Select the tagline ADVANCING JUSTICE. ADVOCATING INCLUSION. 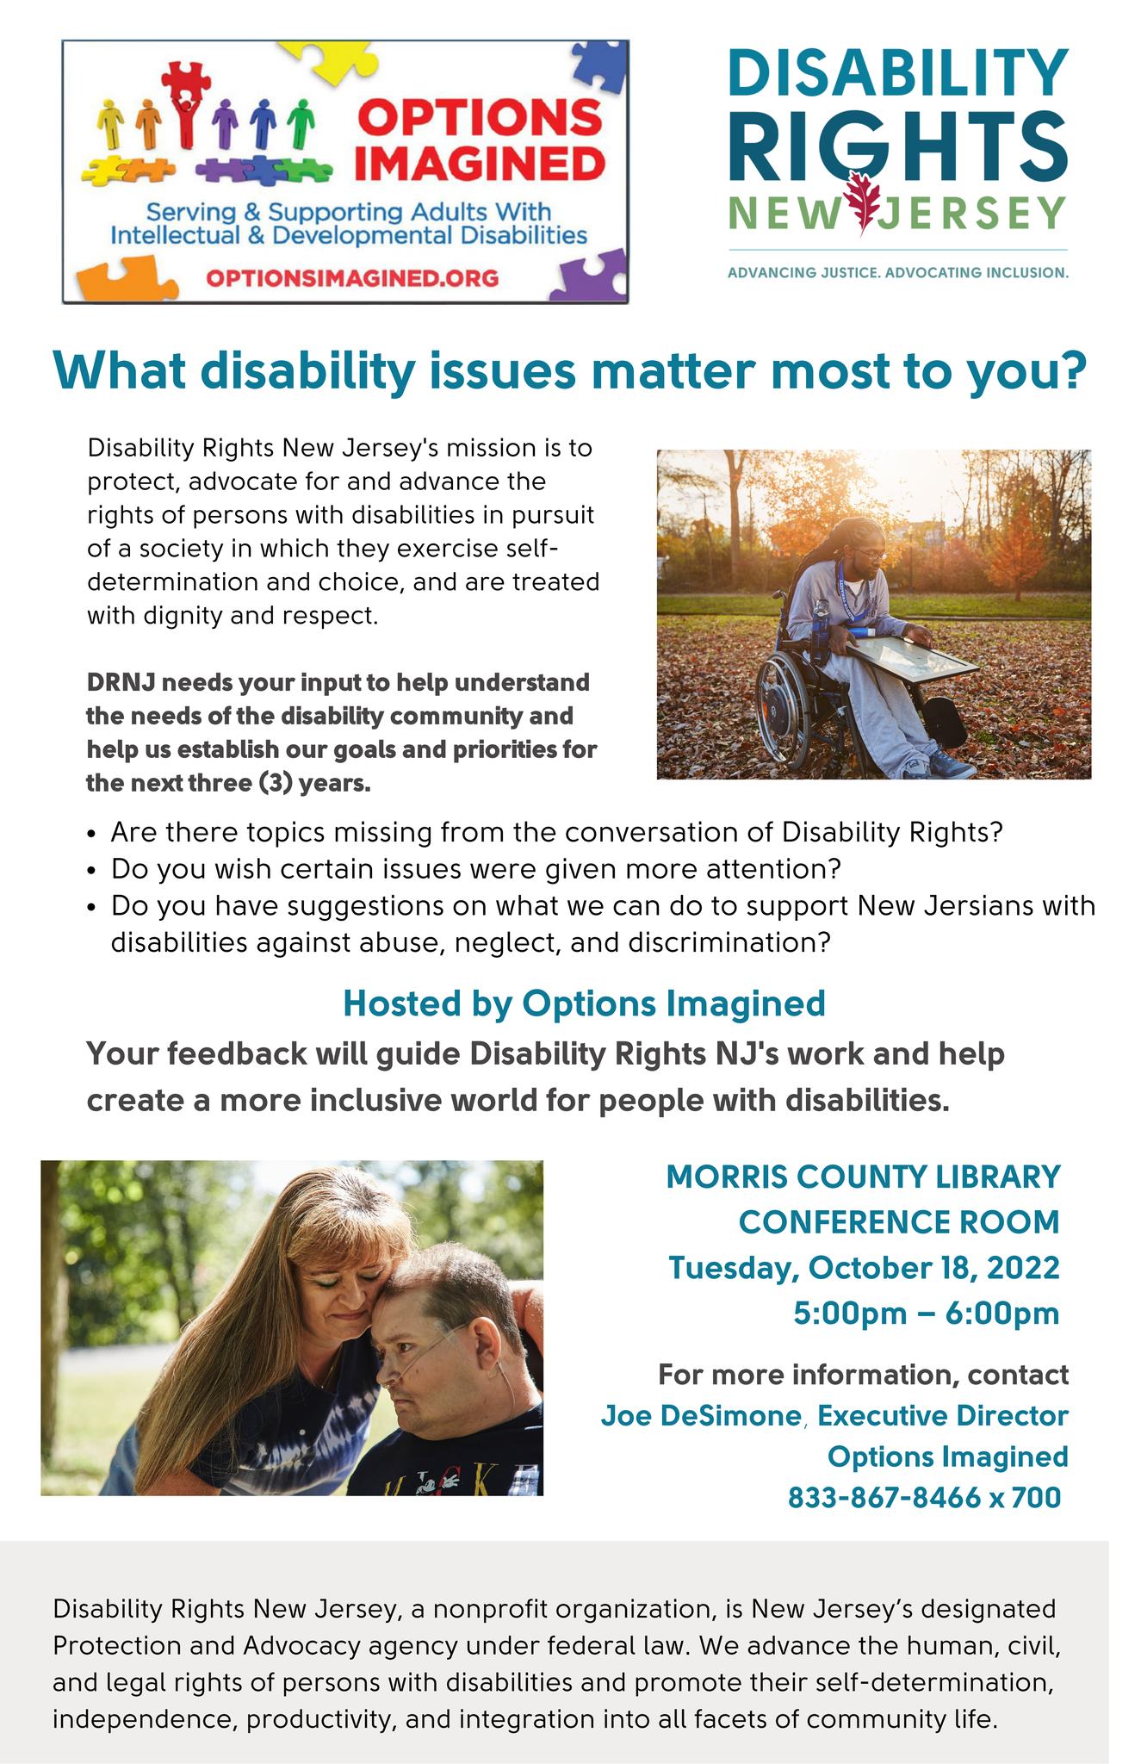click(x=898, y=273)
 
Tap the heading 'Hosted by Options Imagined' click(x=584, y=1003)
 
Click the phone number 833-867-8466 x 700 click(x=924, y=1498)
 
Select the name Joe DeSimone click(x=700, y=1415)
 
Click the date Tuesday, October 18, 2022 click(x=864, y=1268)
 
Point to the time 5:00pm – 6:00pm click(x=927, y=1314)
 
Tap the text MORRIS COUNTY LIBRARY click(x=863, y=1177)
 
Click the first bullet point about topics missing click(x=557, y=833)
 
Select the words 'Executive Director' click(x=943, y=1415)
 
